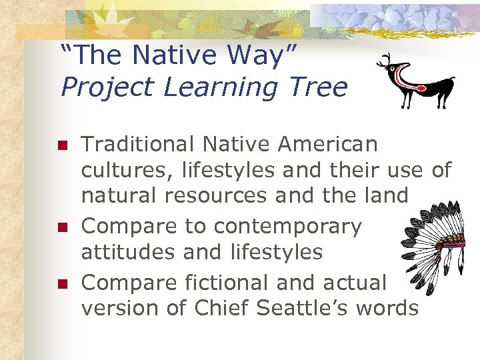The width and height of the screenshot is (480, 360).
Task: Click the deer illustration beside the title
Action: tap(417, 81)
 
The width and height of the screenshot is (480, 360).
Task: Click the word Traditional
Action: tap(136, 144)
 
